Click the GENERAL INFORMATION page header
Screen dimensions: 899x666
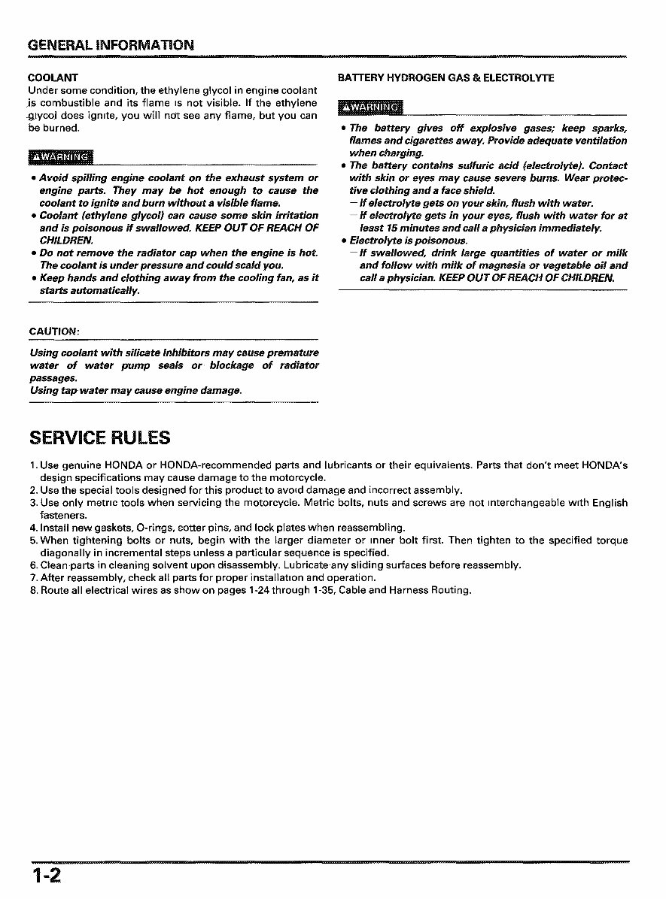coord(111,44)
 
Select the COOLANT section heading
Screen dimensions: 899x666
coord(53,77)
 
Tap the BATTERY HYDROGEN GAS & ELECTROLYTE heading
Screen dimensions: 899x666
coord(446,77)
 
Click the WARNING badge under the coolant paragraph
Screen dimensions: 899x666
coord(60,156)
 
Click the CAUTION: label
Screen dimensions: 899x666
coord(54,331)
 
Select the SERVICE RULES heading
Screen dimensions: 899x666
coord(99,437)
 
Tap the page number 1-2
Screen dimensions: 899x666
coord(46,876)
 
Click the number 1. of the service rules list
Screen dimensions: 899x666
coord(34,465)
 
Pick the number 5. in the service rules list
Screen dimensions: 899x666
coord(34,540)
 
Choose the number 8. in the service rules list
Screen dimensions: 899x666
coord(34,591)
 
